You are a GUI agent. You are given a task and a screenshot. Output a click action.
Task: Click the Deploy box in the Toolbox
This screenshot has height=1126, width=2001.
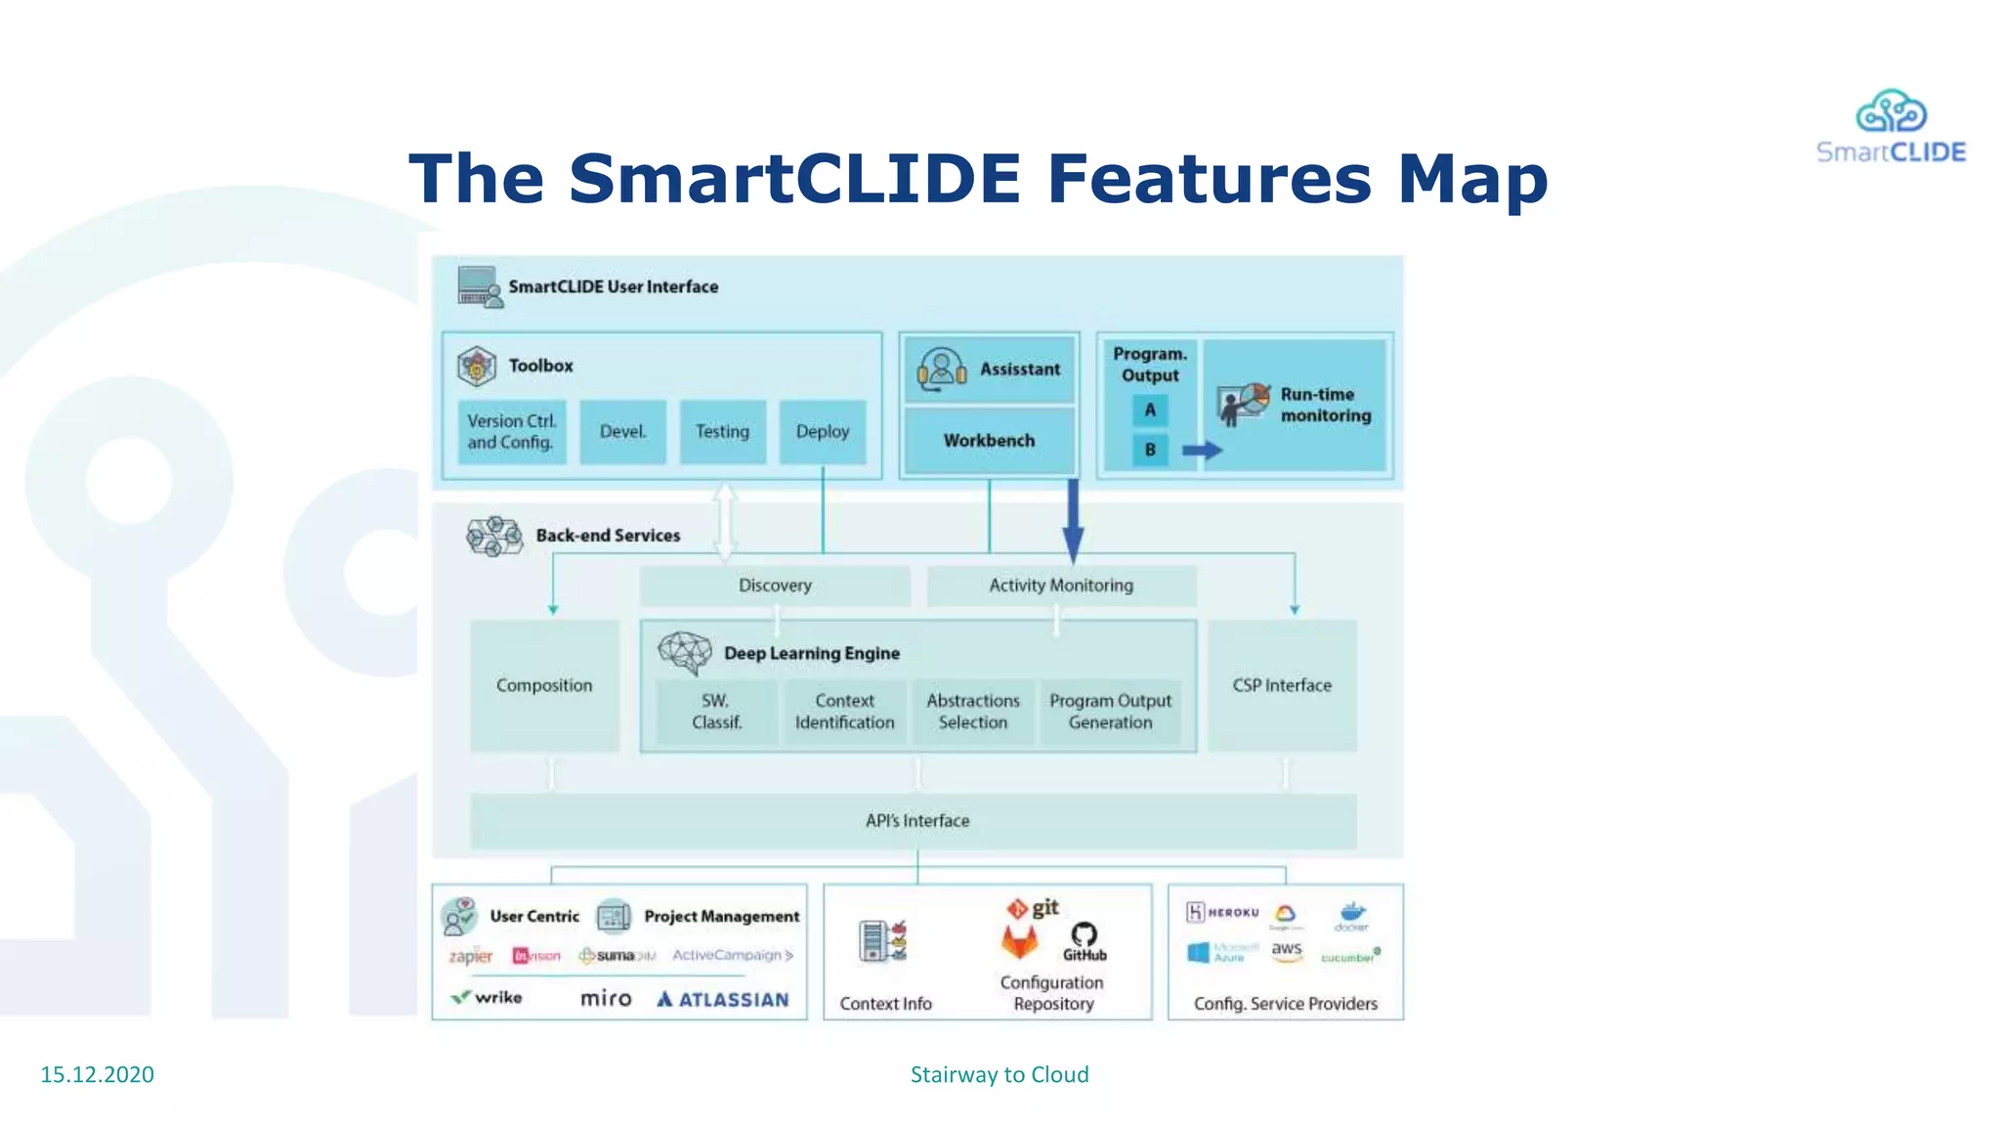point(822,431)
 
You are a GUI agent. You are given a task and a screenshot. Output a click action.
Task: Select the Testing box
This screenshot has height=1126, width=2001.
point(722,431)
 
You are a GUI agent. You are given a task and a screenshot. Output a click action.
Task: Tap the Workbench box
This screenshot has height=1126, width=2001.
point(989,441)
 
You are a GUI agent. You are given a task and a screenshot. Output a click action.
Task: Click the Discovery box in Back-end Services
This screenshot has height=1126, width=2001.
point(775,585)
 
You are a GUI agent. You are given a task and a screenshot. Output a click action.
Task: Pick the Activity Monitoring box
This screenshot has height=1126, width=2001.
point(1061,585)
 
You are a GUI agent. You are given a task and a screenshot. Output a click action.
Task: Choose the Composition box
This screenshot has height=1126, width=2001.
point(544,685)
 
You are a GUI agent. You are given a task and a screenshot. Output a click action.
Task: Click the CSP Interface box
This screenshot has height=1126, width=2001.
point(1282,685)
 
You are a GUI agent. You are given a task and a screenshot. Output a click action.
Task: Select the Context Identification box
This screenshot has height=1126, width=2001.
point(844,712)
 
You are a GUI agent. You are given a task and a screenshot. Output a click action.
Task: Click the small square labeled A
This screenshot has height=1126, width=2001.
point(1150,410)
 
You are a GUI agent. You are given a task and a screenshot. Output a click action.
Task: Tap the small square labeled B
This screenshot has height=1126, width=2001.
point(1150,450)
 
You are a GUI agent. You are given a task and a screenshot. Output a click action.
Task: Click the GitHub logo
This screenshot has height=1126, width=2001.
point(1085,940)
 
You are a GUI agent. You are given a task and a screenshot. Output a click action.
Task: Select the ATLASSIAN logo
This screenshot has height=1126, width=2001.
point(723,999)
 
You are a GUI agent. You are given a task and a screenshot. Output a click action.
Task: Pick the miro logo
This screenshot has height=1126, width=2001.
point(606,998)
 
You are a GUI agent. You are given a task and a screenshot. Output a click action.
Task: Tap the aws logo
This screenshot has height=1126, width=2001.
point(1287,950)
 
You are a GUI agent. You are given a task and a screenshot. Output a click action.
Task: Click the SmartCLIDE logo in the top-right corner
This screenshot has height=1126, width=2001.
point(1891,127)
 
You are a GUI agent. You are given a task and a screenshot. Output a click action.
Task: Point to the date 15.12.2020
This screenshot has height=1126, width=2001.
point(97,1074)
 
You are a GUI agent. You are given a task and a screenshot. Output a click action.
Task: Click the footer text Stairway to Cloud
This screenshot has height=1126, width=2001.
point(1000,1074)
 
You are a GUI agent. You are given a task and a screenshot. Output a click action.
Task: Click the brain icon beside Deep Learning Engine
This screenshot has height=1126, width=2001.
point(685,652)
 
